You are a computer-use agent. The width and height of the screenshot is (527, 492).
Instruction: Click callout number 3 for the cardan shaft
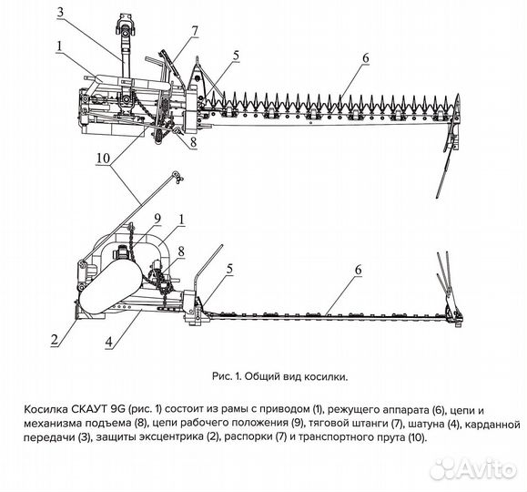click(x=59, y=12)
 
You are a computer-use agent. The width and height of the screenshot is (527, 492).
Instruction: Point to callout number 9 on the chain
click(x=157, y=218)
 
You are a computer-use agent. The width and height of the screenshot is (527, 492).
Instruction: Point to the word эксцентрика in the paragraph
click(x=166, y=438)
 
